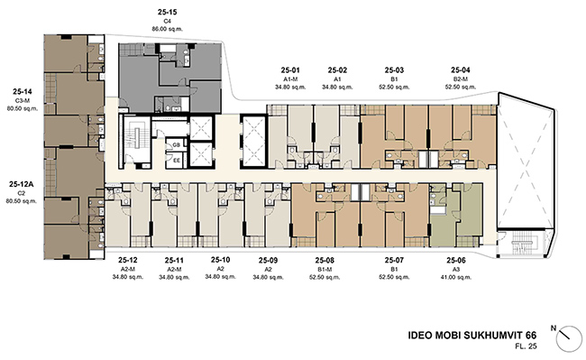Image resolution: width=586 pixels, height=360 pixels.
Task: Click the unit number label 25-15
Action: [x=167, y=12]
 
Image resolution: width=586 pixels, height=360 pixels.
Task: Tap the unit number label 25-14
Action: [x=23, y=92]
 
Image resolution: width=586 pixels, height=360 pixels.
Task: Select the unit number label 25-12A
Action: [x=22, y=184]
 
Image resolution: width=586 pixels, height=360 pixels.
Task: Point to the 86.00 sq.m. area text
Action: [x=167, y=29]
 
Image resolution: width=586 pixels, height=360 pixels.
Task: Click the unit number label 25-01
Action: [x=290, y=70]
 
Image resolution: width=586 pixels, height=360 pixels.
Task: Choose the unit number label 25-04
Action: [x=461, y=70]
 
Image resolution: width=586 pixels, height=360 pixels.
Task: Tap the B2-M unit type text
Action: [x=461, y=79]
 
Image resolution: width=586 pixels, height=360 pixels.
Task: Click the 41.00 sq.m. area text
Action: [x=456, y=277]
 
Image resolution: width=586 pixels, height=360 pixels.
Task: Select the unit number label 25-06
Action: [x=456, y=261]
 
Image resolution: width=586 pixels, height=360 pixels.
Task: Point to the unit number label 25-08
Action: [x=325, y=261]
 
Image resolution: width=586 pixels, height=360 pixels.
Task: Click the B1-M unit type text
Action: [x=325, y=270]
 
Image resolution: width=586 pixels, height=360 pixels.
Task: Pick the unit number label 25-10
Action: [x=221, y=260]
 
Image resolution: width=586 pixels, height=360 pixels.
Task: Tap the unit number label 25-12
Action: [x=128, y=261]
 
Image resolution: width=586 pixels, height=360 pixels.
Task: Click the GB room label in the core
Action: [x=177, y=144]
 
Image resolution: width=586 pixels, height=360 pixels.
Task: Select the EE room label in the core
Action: [x=177, y=161]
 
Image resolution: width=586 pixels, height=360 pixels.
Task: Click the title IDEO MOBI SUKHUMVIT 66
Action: [x=472, y=336]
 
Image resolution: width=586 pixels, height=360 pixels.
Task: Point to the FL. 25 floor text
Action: [x=526, y=346]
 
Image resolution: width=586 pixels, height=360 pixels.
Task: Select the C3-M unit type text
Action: [x=23, y=100]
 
